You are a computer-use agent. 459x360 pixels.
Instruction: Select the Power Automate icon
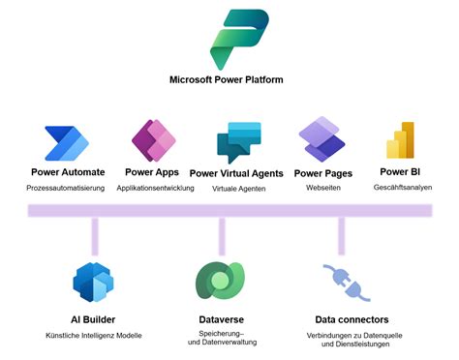pos(68,142)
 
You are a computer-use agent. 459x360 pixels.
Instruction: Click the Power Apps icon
pos(153,140)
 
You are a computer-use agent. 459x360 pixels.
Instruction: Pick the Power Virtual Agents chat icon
pos(238,141)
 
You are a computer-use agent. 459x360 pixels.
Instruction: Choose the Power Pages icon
pos(321,139)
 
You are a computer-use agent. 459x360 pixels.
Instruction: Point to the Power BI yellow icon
pos(401,141)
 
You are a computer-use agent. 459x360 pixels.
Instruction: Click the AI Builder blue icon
pos(95,282)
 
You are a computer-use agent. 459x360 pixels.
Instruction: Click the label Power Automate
pos(68,173)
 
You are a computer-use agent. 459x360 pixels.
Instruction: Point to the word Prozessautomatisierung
pos(67,189)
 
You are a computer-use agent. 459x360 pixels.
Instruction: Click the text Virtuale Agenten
pos(237,190)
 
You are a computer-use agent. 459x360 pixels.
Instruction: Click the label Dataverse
pos(222,319)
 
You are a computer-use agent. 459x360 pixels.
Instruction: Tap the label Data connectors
pos(352,319)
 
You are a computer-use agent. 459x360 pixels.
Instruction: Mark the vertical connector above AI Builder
pos(95,235)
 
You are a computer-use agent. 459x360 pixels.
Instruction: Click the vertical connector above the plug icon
pos(341,235)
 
